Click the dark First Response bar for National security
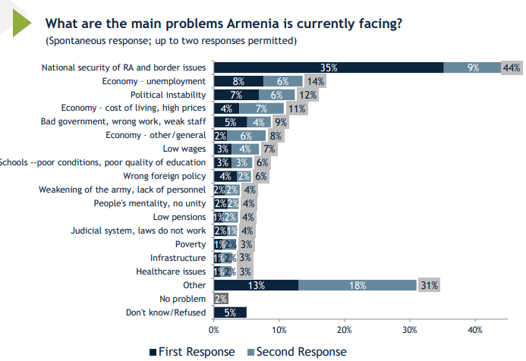pos(328,67)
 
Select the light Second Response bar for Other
pos(357,285)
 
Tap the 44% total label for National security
pos(511,67)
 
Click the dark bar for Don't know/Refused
pos(230,312)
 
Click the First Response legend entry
pos(196,351)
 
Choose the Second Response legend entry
pos(295,351)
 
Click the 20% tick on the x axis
pos(345,330)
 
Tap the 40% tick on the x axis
pos(475,330)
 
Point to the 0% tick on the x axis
pos(214,330)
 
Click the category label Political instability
pos(168,95)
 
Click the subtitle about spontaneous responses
pos(171,40)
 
